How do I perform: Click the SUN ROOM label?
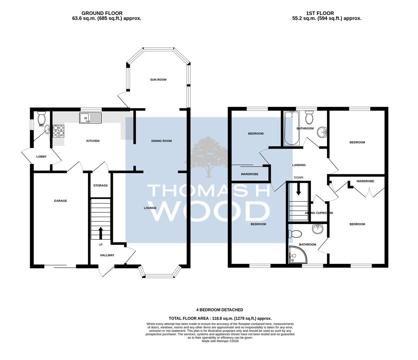pyautogui.click(x=158, y=80)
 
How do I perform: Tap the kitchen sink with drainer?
pyautogui.click(x=90, y=118)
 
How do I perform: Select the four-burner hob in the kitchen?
pyautogui.click(x=59, y=131)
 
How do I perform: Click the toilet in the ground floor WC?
pyautogui.click(x=42, y=118)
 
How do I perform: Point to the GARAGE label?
pyautogui.click(x=60, y=201)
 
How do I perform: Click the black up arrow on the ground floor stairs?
pyautogui.click(x=100, y=233)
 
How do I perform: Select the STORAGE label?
pyautogui.click(x=100, y=185)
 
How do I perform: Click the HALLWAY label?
pyautogui.click(x=107, y=255)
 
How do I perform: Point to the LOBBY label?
pyautogui.click(x=41, y=156)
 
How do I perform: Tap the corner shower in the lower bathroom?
pyautogui.click(x=298, y=255)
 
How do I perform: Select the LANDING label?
pyautogui.click(x=299, y=165)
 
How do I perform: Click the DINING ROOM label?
pyautogui.click(x=161, y=141)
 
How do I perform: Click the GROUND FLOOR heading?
pyautogui.click(x=102, y=13)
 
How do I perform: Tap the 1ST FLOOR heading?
pyautogui.click(x=320, y=13)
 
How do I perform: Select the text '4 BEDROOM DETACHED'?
pyautogui.click(x=220, y=310)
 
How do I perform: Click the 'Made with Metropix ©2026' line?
pyautogui.click(x=220, y=341)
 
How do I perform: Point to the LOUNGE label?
pyautogui.click(x=150, y=208)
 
